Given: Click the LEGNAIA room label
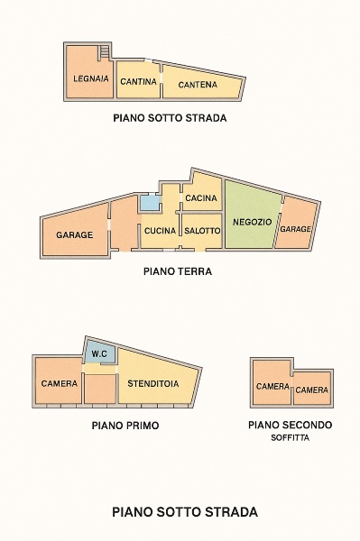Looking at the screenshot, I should pos(91,79).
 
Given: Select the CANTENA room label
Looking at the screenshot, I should pos(198,85).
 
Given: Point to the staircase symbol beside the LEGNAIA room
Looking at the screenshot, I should pos(104,52).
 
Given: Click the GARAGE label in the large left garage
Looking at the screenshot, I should pos(75,234).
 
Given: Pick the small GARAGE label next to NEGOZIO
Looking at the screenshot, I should pos(295,229).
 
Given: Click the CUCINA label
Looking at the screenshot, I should pos(159,231).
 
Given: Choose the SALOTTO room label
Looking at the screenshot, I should pos(202,231).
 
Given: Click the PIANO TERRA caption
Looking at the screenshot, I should pos(178,270).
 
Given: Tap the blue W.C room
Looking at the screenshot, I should pos(99,353).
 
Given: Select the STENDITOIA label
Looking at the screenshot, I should pos(153,383).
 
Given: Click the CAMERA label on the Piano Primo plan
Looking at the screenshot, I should pos(60,383).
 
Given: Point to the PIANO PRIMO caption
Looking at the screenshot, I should pos(125,425).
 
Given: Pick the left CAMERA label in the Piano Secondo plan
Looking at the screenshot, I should pos(272,387).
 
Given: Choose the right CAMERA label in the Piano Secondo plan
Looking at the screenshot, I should pos(312,390).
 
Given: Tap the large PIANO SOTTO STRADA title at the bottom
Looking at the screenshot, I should pos(185,511).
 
